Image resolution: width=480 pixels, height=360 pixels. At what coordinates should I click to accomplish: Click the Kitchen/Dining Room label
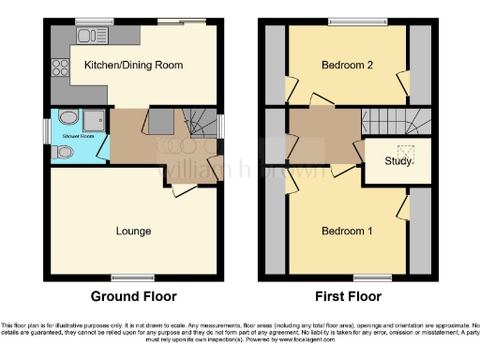[x=132, y=65]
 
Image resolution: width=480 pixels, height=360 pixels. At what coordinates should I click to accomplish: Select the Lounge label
[x=134, y=230]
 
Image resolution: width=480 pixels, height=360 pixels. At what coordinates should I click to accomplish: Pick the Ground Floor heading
[x=133, y=296]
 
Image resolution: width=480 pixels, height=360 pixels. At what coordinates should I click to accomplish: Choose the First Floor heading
[x=347, y=296]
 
